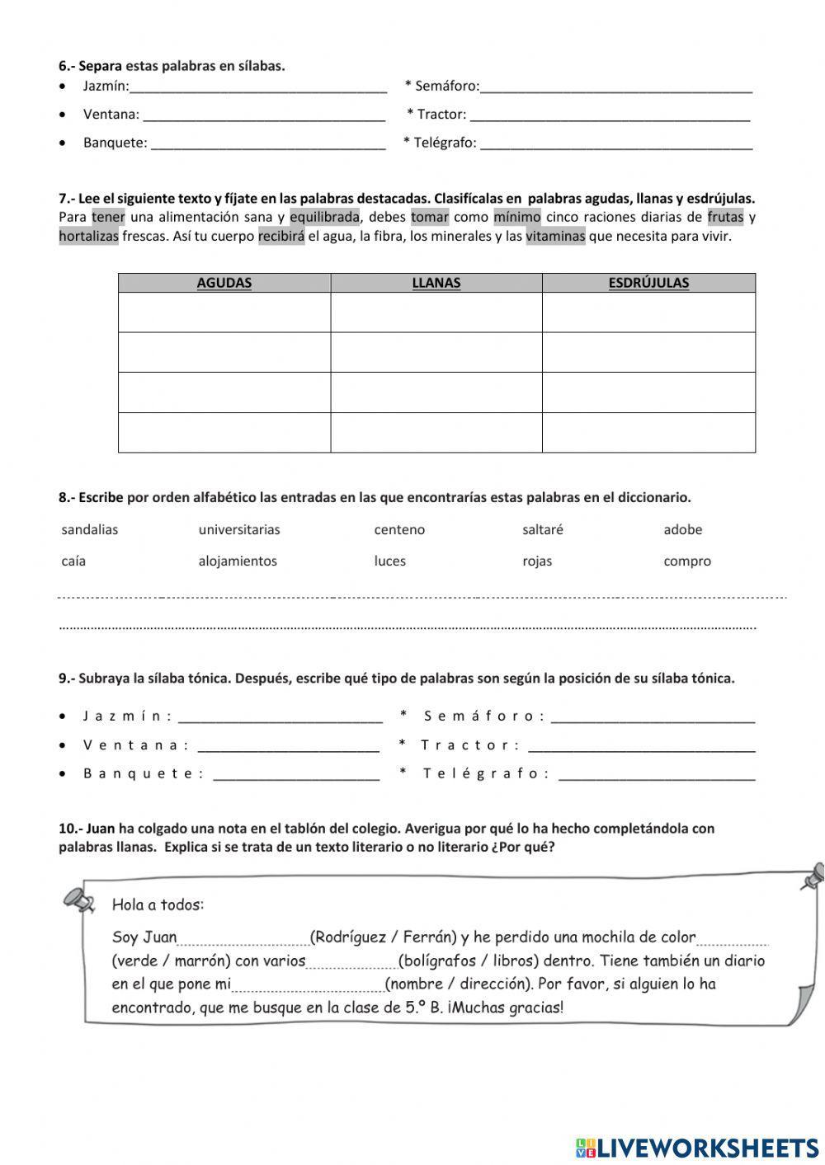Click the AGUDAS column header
point(224,283)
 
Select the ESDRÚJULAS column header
point(648,283)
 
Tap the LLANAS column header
point(436,283)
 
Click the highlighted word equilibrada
point(324,218)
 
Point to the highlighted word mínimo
point(516,218)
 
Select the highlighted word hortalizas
point(88,237)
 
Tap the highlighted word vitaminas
point(555,237)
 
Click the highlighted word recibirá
point(281,237)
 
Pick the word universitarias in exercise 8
point(239,530)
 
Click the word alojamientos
point(238,561)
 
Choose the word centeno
point(399,530)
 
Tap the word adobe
point(682,530)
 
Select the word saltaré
point(543,530)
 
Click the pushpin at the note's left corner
point(77,898)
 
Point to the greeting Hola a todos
point(158,905)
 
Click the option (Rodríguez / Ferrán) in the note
point(383,937)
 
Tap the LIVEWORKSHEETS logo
point(697,1147)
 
